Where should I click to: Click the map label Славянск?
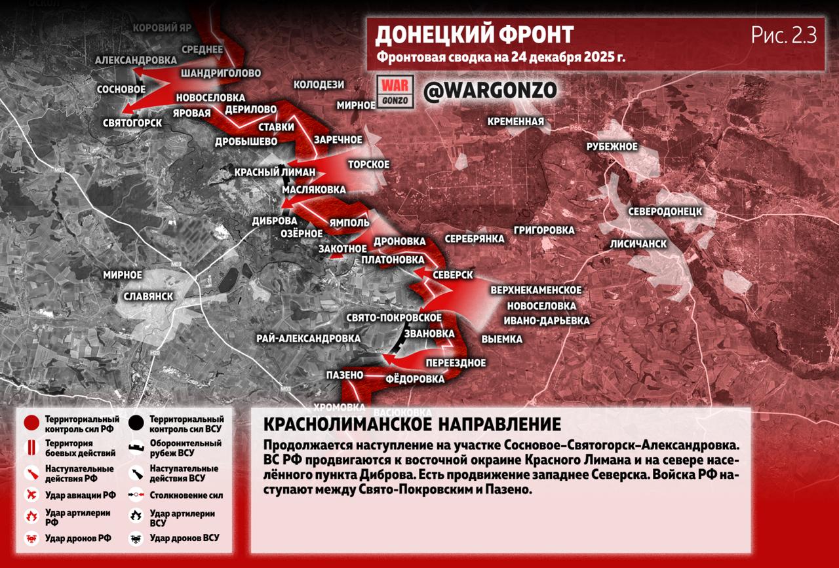[148, 296]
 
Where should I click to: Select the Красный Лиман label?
[275, 172]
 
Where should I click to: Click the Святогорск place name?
[132, 123]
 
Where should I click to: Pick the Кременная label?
[515, 121]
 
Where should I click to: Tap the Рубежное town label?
[612, 146]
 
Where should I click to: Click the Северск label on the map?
[452, 275]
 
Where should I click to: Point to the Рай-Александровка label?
[308, 338]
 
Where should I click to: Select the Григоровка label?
[544, 230]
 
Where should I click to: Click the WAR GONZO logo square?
[396, 92]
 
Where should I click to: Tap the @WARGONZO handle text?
[490, 91]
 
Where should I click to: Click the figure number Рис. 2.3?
[783, 36]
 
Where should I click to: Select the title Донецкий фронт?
[474, 34]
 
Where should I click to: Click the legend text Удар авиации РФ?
[80, 495]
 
